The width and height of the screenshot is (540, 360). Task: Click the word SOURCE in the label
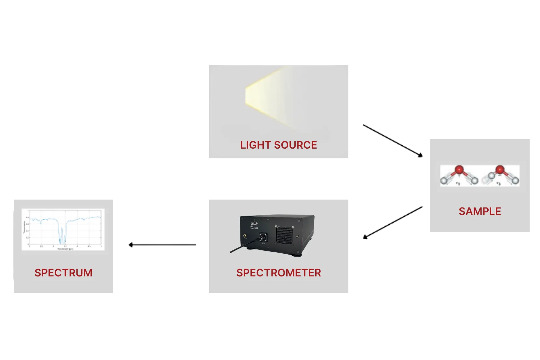[295, 145]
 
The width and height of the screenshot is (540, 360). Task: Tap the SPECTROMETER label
[278, 273]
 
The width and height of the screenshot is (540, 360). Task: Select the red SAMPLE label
[480, 211]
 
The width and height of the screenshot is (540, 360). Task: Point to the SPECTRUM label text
[63, 273]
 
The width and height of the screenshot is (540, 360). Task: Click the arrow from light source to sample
[393, 140]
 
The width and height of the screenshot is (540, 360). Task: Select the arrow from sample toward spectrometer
[393, 222]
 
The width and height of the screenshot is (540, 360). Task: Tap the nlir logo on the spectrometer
[254, 223]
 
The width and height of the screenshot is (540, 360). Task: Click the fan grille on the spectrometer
[285, 234]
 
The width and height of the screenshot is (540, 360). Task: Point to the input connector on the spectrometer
[263, 236]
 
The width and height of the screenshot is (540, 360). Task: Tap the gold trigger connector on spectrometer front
[245, 235]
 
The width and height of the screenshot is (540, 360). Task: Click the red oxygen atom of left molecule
[459, 169]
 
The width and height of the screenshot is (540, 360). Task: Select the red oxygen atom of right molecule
[500, 169]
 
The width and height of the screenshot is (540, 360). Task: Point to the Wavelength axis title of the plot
[65, 249]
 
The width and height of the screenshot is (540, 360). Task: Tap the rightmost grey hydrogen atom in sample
[515, 180]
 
